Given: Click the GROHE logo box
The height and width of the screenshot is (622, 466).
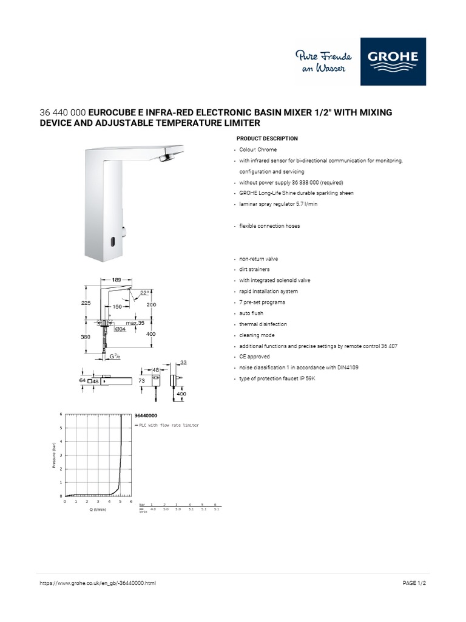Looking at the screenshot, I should [x=393, y=61].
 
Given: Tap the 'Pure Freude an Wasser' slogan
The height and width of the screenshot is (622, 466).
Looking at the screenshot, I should [x=321, y=62].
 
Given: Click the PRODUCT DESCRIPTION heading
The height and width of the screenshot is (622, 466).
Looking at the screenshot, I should [x=267, y=138].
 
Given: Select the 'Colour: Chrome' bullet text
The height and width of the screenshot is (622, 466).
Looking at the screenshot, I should [x=258, y=149].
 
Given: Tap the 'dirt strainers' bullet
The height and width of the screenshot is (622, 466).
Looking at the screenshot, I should [x=254, y=269].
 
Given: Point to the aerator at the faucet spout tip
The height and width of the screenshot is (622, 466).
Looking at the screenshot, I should [x=165, y=159].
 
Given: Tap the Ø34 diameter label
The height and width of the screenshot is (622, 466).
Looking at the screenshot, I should [x=120, y=330].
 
